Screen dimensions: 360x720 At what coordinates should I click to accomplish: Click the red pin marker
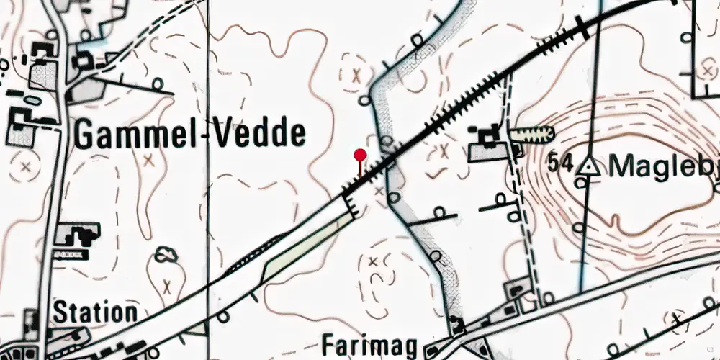360,156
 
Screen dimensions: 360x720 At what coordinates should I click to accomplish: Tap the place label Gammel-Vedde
190,134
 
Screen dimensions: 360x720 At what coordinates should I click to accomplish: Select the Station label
96,312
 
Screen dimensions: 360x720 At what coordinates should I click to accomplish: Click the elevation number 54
560,164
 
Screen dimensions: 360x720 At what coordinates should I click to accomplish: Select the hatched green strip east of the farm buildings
532,133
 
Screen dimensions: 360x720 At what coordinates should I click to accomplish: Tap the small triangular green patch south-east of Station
195,328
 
